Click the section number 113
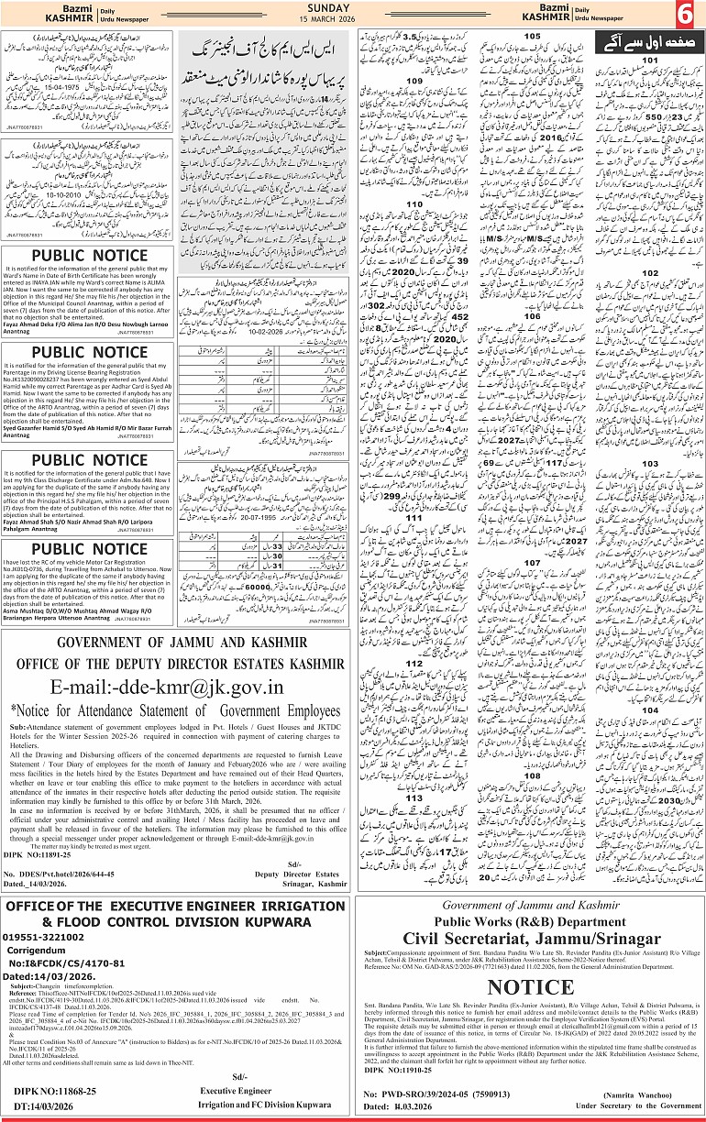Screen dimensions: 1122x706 coord(414,797)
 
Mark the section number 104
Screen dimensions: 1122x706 coord(650,684)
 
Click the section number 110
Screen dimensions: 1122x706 coord(414,229)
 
